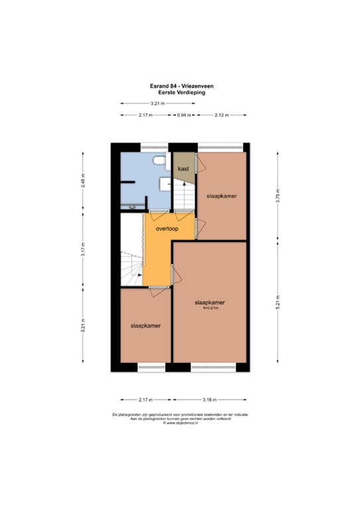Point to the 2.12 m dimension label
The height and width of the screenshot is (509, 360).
point(221,115)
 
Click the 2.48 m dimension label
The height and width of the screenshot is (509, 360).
point(83,180)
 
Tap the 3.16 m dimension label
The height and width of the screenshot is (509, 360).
point(211,400)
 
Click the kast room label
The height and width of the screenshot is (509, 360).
point(184,168)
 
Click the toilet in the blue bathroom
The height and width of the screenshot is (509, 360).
point(158,161)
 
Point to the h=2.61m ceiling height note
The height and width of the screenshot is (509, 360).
point(211,307)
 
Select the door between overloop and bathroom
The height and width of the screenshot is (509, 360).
point(158,215)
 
